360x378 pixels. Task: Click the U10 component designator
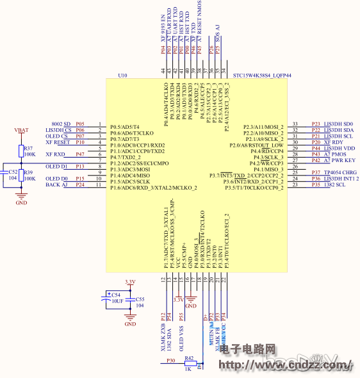tap(123, 76)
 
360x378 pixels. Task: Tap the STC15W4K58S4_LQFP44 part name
tap(262, 76)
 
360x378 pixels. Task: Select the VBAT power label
tap(21, 130)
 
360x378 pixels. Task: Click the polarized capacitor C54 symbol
tap(106, 297)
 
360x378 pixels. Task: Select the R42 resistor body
tap(188, 362)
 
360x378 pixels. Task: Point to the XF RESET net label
tap(58, 142)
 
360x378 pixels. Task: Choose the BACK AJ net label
tap(56, 185)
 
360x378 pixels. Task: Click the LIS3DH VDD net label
tap(339, 148)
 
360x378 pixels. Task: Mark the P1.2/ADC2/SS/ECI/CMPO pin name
tap(139, 163)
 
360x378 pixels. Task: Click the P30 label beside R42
tap(171, 361)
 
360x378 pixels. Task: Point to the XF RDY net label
tap(334, 142)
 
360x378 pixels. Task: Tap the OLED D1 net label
tap(56, 167)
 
